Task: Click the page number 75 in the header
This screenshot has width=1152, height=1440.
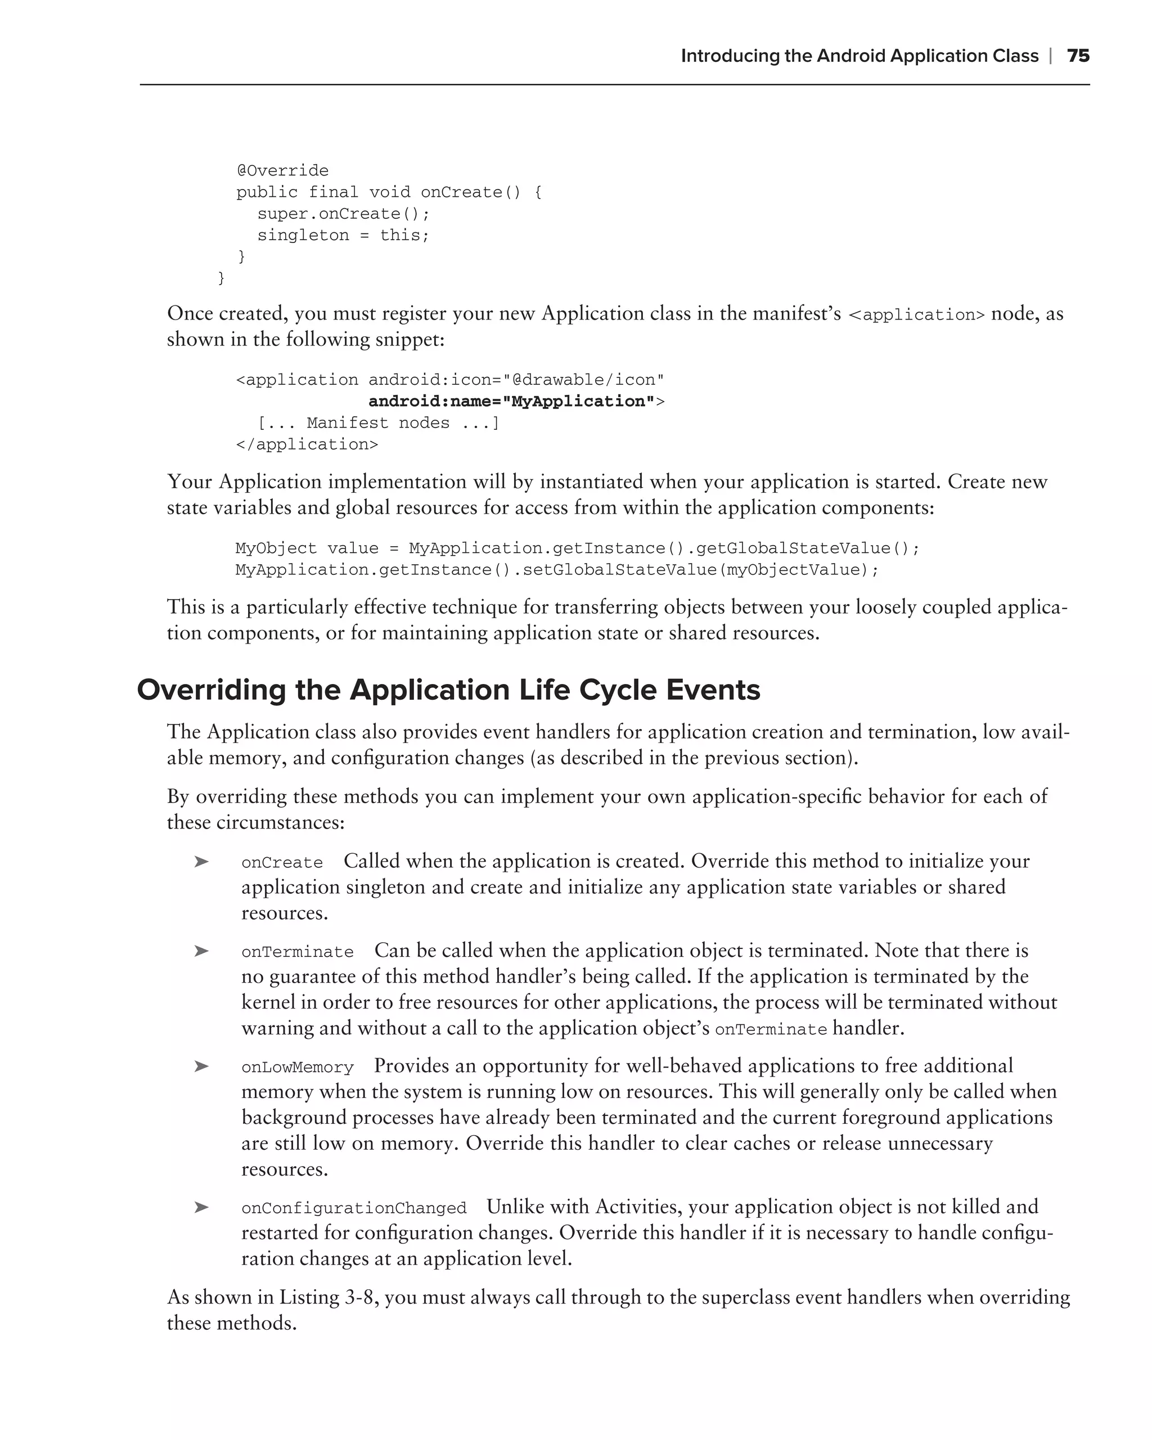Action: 1078,56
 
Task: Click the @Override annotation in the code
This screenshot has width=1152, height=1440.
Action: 282,171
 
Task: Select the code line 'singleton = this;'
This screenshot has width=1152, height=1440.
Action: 343,236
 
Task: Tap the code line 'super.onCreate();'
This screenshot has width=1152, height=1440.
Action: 343,214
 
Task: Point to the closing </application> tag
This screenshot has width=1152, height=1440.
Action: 307,445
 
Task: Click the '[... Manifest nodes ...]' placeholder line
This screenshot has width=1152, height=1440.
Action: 378,424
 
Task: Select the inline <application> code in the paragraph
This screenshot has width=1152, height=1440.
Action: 916,315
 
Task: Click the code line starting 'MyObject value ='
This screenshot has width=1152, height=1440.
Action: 577,548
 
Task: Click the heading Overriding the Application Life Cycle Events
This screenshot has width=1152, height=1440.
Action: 448,690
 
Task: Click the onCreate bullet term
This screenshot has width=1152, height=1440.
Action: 282,863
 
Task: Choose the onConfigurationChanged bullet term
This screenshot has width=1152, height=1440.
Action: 353,1208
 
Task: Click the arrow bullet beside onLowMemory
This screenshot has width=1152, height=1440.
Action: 201,1066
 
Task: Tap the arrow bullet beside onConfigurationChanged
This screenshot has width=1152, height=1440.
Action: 201,1207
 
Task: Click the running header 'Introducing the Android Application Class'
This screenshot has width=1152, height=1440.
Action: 859,56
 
